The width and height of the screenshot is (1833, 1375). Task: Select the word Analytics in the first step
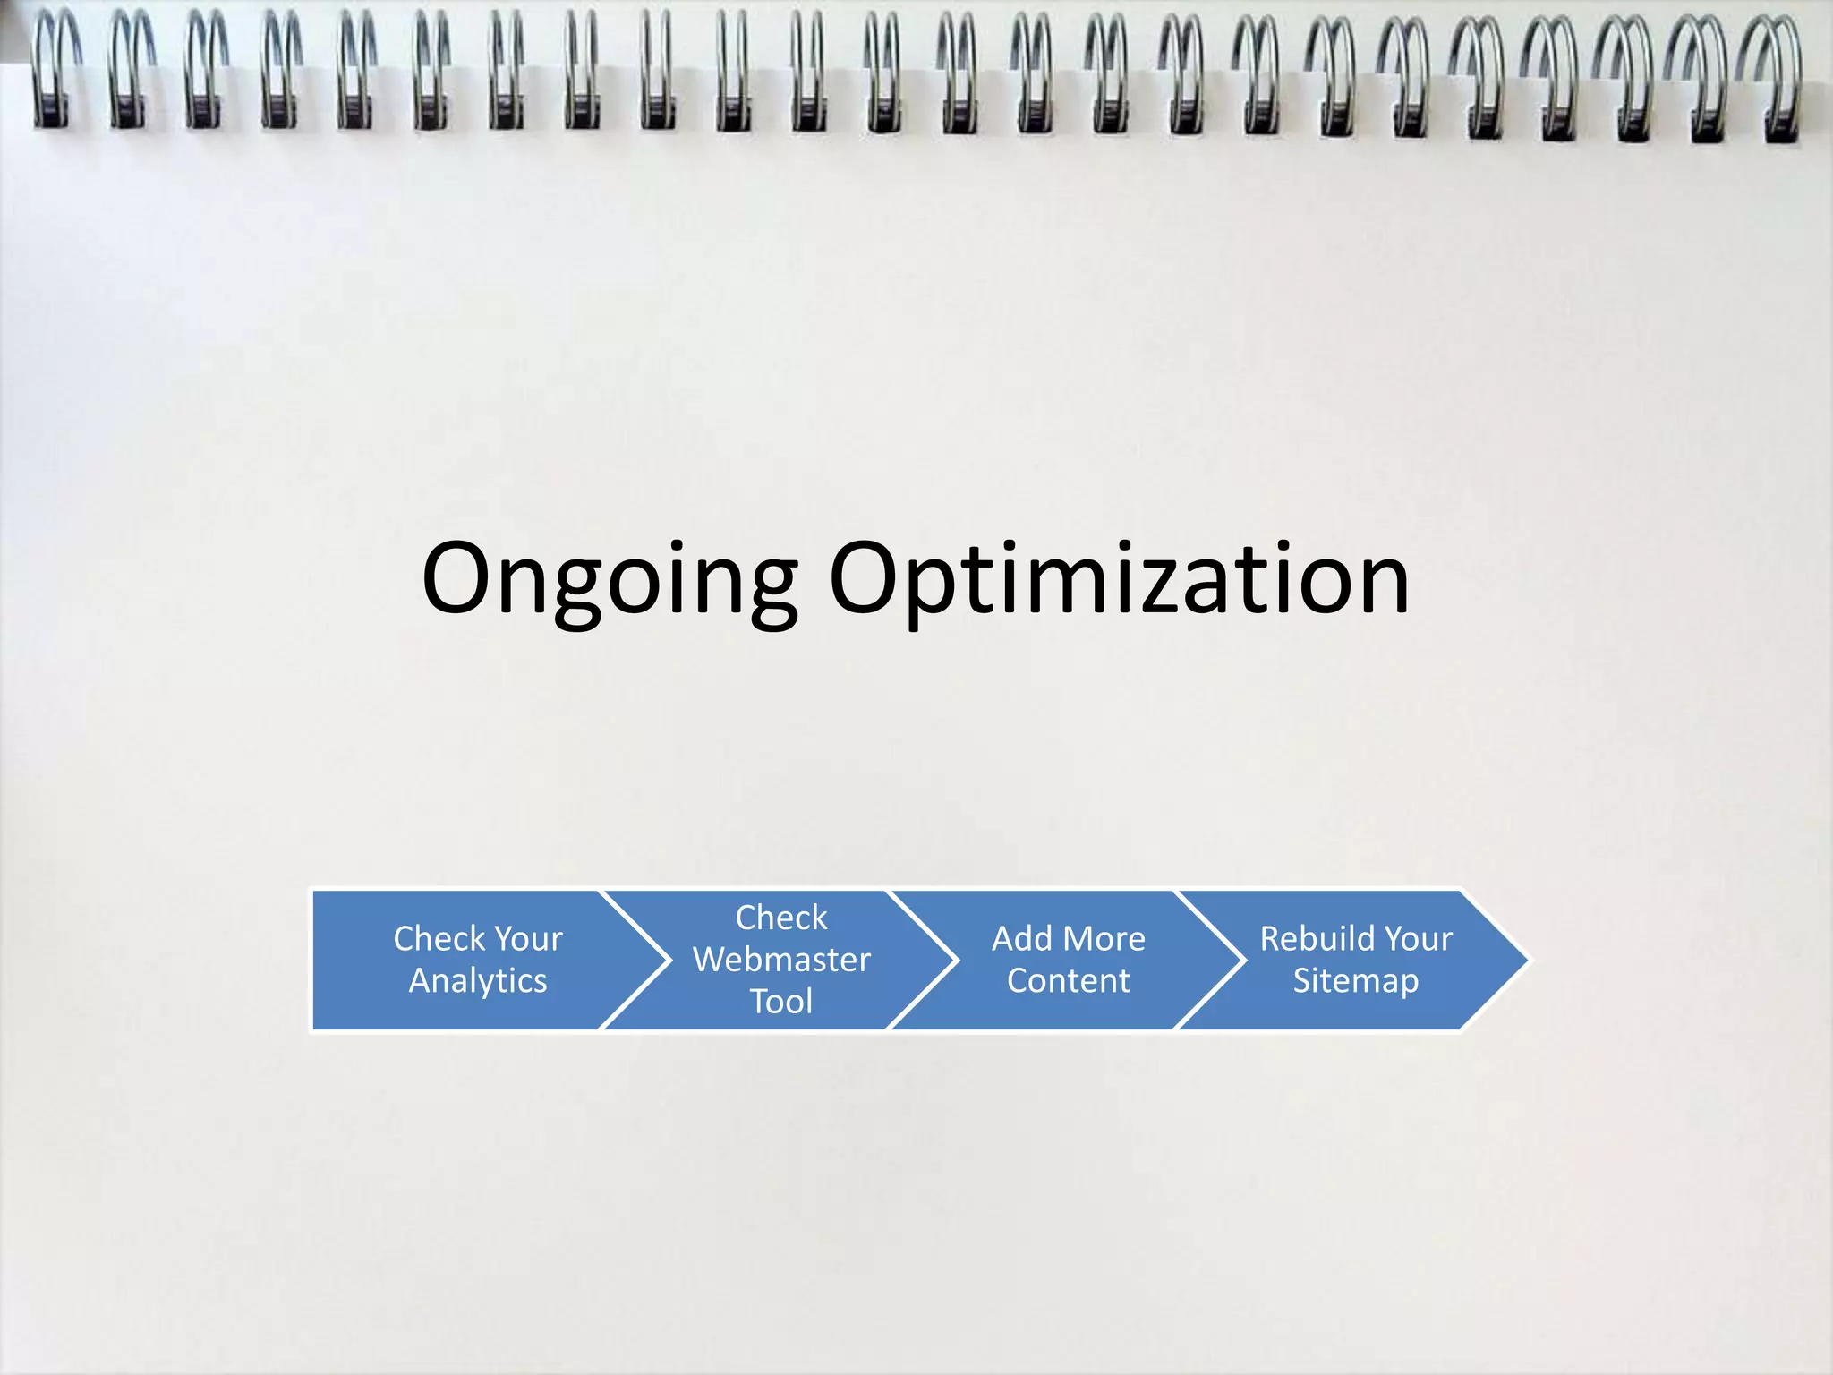(x=478, y=981)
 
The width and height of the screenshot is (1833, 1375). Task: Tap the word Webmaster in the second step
(x=781, y=960)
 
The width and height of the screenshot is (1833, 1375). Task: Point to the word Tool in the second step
(x=781, y=1002)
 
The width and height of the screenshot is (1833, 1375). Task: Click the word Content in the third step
(x=1069, y=981)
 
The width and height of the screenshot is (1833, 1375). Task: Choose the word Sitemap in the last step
(x=1356, y=981)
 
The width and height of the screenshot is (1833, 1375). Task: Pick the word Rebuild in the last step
(x=1305, y=939)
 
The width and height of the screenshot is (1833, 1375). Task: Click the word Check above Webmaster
(x=781, y=918)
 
